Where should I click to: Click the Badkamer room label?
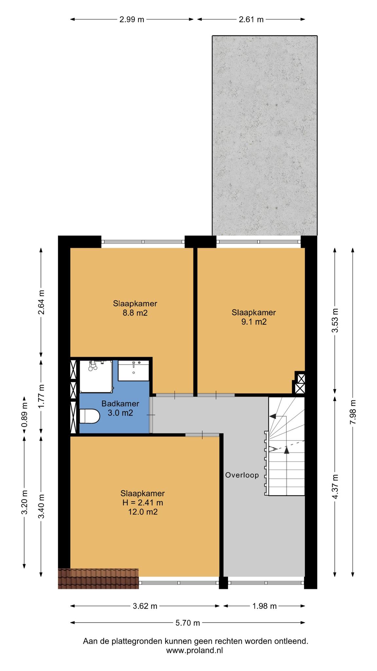point(120,403)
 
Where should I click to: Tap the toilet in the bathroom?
point(89,416)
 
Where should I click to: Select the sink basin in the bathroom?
point(134,371)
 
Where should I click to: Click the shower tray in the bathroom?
point(96,376)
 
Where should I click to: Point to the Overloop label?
point(242,475)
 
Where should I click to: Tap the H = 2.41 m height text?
point(142,502)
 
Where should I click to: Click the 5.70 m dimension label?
point(188,623)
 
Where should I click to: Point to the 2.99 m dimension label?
point(132,19)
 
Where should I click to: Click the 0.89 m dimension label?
point(24,417)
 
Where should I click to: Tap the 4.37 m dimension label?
point(335,487)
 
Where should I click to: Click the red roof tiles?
point(98,579)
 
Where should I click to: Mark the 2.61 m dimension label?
point(251,19)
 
